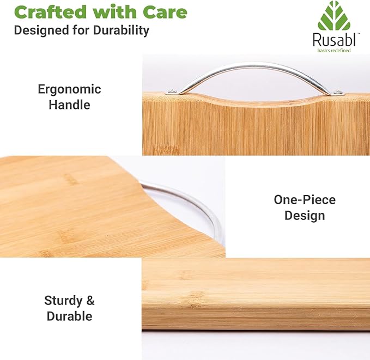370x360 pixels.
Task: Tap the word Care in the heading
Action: point(165,13)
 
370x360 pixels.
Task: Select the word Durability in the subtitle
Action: point(121,30)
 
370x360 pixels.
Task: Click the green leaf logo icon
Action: point(334,16)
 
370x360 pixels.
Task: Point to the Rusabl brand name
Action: point(334,40)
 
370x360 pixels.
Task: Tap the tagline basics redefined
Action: point(334,51)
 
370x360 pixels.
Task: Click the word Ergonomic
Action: point(69,90)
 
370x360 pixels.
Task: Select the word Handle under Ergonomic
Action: point(69,105)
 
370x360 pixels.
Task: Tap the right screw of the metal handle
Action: point(338,93)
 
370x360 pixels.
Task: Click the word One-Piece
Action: point(305,199)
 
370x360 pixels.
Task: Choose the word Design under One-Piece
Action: point(305,216)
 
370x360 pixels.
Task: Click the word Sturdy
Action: point(63,301)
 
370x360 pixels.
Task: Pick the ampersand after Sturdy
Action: point(90,301)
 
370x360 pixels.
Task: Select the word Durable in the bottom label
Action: point(69,316)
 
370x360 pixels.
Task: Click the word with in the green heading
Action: point(114,13)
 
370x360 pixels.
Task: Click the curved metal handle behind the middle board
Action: point(189,197)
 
